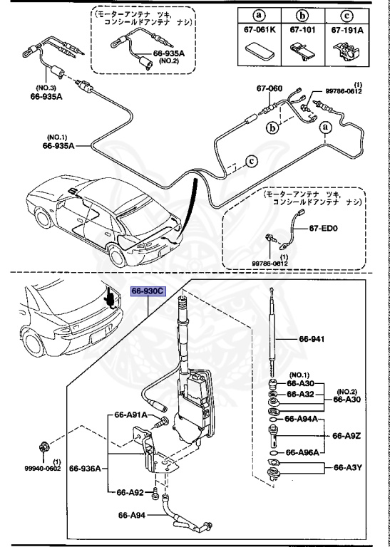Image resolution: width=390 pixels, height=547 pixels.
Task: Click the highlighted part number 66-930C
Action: pyautogui.click(x=148, y=291)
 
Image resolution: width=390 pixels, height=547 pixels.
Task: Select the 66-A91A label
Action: pyautogui.click(x=131, y=415)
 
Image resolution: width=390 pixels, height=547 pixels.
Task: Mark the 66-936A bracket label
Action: pyautogui.click(x=86, y=468)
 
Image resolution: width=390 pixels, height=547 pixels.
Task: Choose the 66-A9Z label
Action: pyautogui.click(x=348, y=435)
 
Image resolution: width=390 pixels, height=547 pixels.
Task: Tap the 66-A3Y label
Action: pyautogui.click(x=348, y=468)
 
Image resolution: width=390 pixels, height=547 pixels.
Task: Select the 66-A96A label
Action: pyautogui.click(x=302, y=452)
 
